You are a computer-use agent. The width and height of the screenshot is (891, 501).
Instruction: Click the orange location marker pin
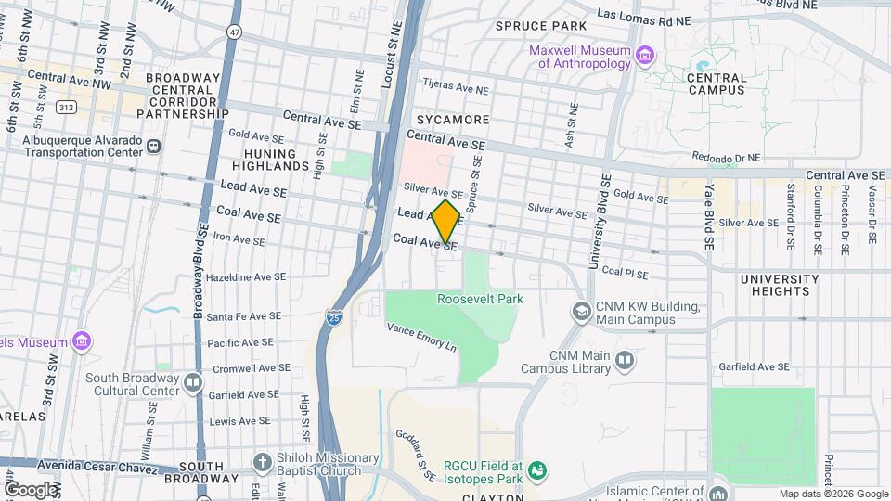(446, 221)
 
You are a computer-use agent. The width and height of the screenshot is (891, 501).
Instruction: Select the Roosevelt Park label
(480, 299)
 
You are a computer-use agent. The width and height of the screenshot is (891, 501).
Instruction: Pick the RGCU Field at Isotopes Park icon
(536, 472)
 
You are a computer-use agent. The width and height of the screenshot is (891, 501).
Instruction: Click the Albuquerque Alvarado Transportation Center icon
(153, 146)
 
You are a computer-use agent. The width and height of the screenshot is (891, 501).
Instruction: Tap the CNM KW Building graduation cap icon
(581, 313)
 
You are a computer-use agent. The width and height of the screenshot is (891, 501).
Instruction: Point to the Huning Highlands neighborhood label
(277, 160)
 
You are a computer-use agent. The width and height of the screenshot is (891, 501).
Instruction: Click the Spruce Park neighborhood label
(541, 25)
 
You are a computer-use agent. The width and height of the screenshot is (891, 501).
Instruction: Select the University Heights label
(779, 285)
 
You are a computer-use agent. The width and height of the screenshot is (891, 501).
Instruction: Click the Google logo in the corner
(31, 489)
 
